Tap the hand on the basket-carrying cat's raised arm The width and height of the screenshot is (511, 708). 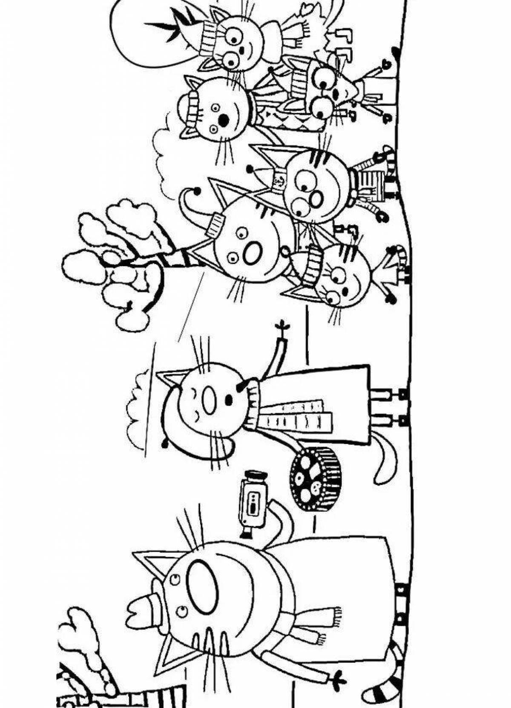tap(281, 327)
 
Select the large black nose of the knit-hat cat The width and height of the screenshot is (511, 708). tap(223, 121)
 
